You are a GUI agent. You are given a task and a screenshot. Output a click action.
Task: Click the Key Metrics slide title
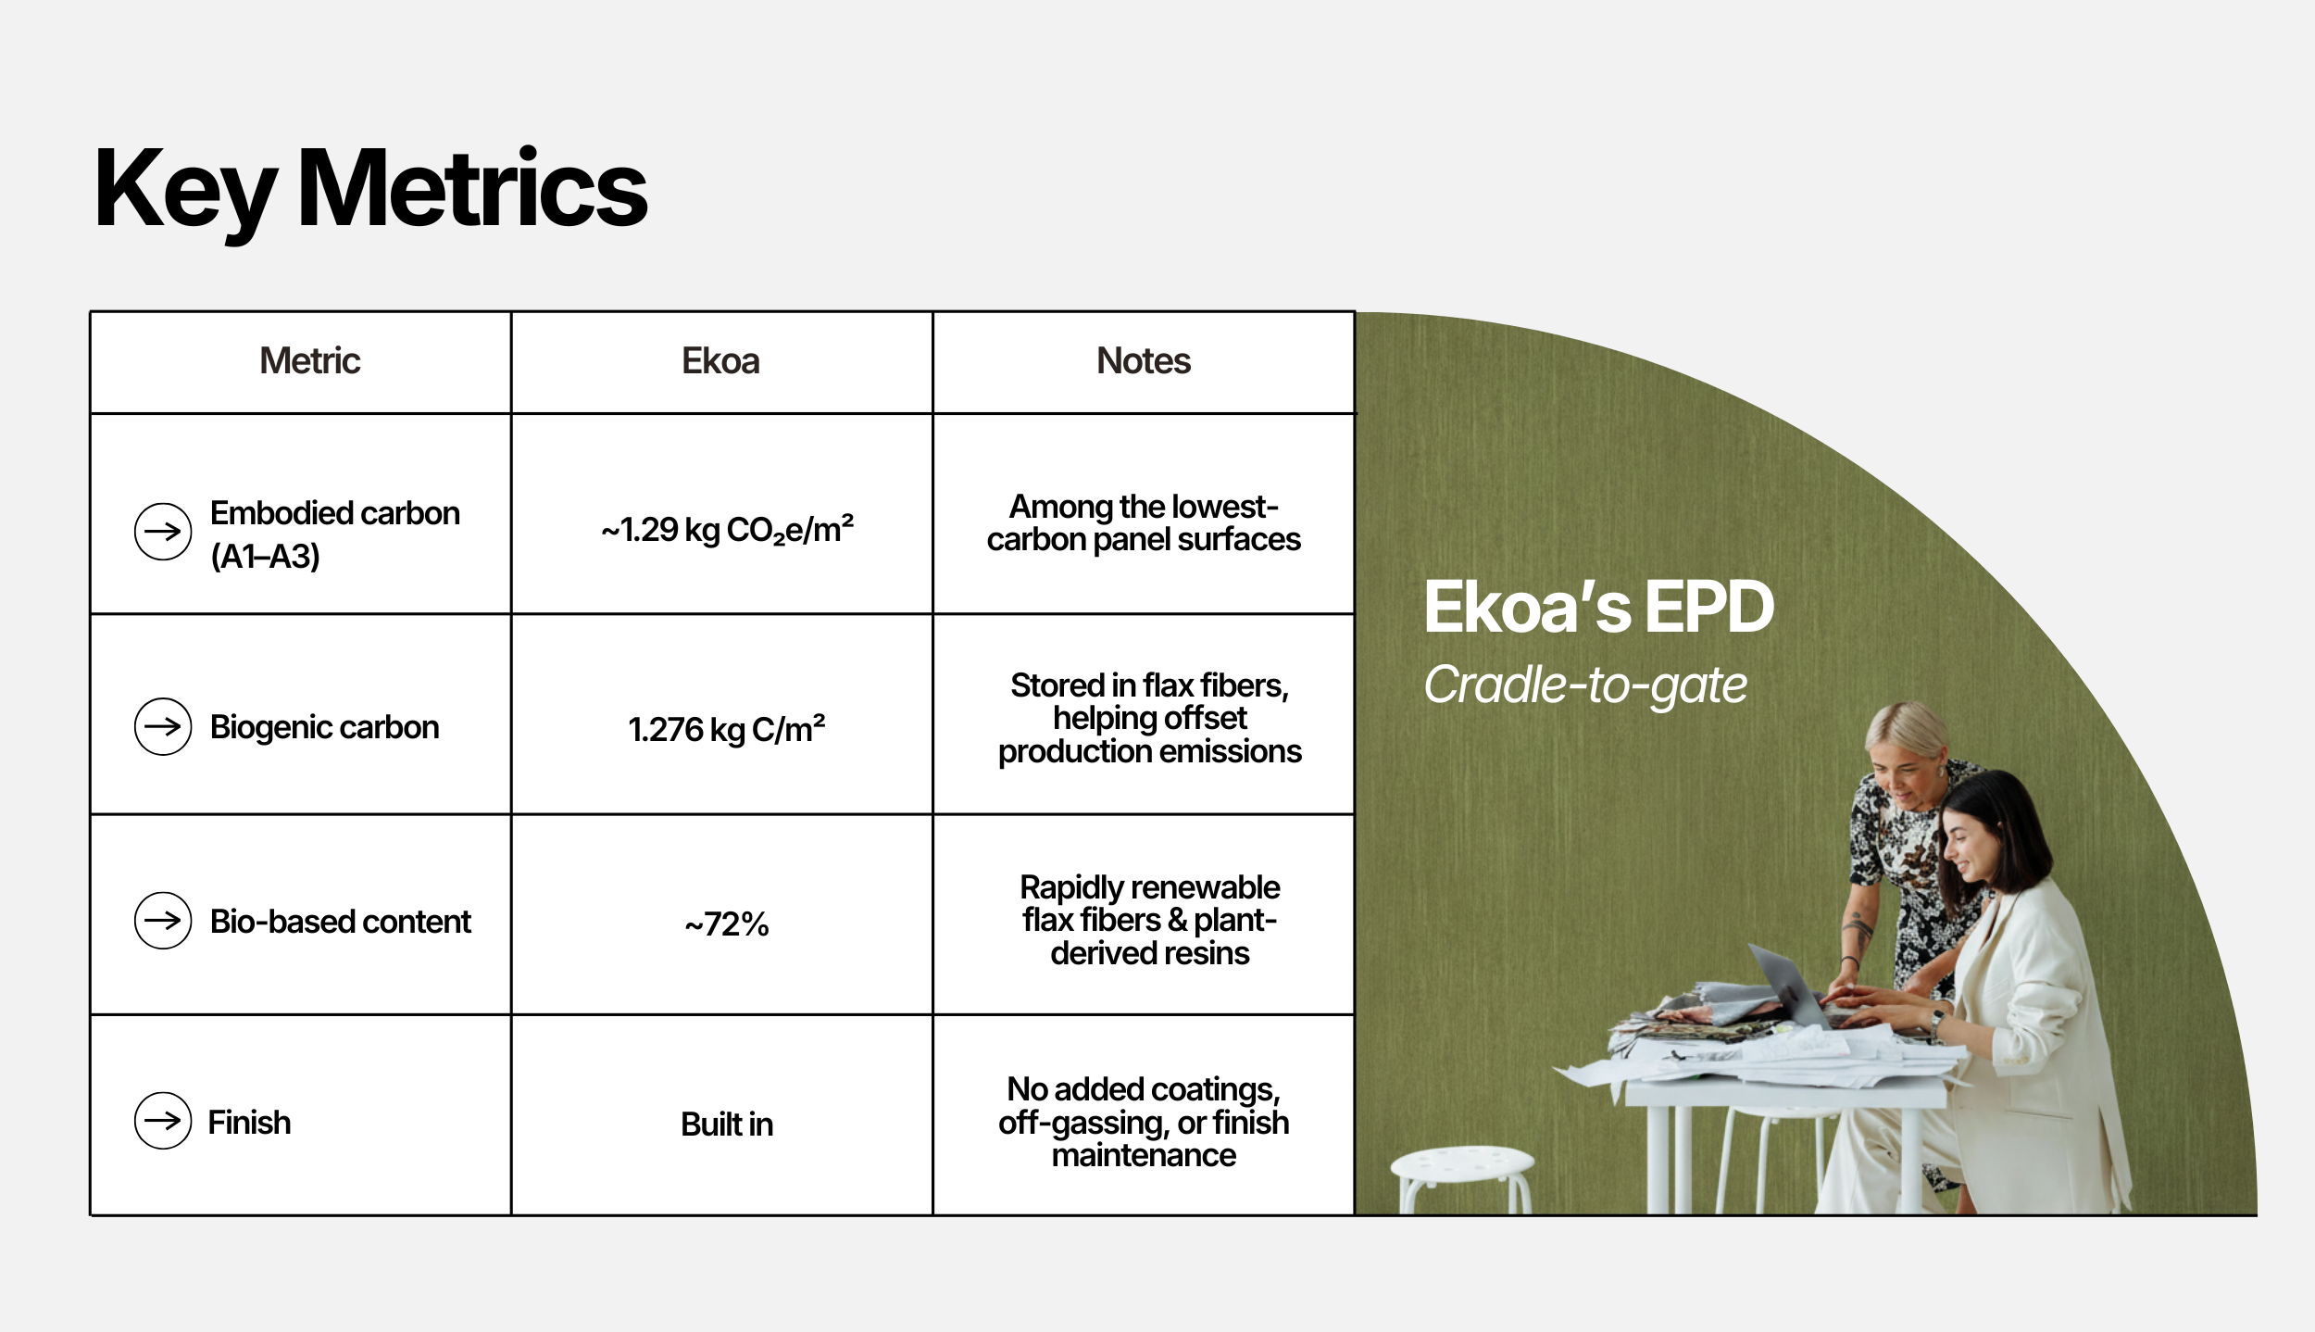(x=370, y=191)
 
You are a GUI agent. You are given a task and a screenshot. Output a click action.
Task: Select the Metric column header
(x=309, y=360)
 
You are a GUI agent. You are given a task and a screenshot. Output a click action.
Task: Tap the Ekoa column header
(x=720, y=360)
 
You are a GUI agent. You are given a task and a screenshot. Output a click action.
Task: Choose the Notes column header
(x=1144, y=360)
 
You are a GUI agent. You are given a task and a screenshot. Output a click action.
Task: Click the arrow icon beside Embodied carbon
(x=163, y=532)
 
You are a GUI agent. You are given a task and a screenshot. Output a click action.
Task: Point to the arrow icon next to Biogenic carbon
(x=163, y=726)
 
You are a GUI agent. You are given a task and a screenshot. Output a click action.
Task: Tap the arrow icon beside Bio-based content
(x=163, y=921)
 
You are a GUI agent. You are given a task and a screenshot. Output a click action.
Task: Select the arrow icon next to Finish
(x=163, y=1121)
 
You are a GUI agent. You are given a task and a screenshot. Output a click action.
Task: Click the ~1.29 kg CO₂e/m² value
(x=727, y=530)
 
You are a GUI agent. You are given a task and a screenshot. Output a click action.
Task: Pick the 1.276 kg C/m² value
(x=727, y=730)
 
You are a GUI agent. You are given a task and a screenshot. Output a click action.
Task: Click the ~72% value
(x=727, y=924)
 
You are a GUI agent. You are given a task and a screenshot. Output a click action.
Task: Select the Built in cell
(x=727, y=1124)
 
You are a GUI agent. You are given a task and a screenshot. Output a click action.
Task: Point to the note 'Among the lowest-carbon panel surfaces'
(x=1144, y=523)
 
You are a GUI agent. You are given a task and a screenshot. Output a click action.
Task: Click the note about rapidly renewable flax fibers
(x=1150, y=920)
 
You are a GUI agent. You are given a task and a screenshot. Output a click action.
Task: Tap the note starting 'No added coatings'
(x=1144, y=1122)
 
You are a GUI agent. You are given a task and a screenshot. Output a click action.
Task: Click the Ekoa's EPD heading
(x=1599, y=608)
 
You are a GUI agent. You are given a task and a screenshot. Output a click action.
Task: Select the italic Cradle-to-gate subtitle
(x=1585, y=685)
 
